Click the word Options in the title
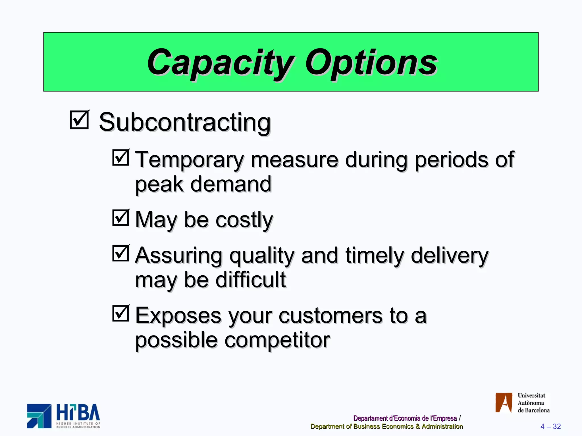[371, 62]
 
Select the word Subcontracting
[185, 122]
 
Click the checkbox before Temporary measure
[121, 158]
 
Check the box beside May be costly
[121, 218]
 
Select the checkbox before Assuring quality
[121, 253]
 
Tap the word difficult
[250, 280]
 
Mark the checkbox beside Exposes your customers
[121, 313]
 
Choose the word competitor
[277, 340]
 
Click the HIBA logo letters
[78, 413]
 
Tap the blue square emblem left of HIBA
[39, 416]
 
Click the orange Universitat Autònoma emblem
[504, 403]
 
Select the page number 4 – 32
[550, 426]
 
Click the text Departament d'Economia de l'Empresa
[405, 418]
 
